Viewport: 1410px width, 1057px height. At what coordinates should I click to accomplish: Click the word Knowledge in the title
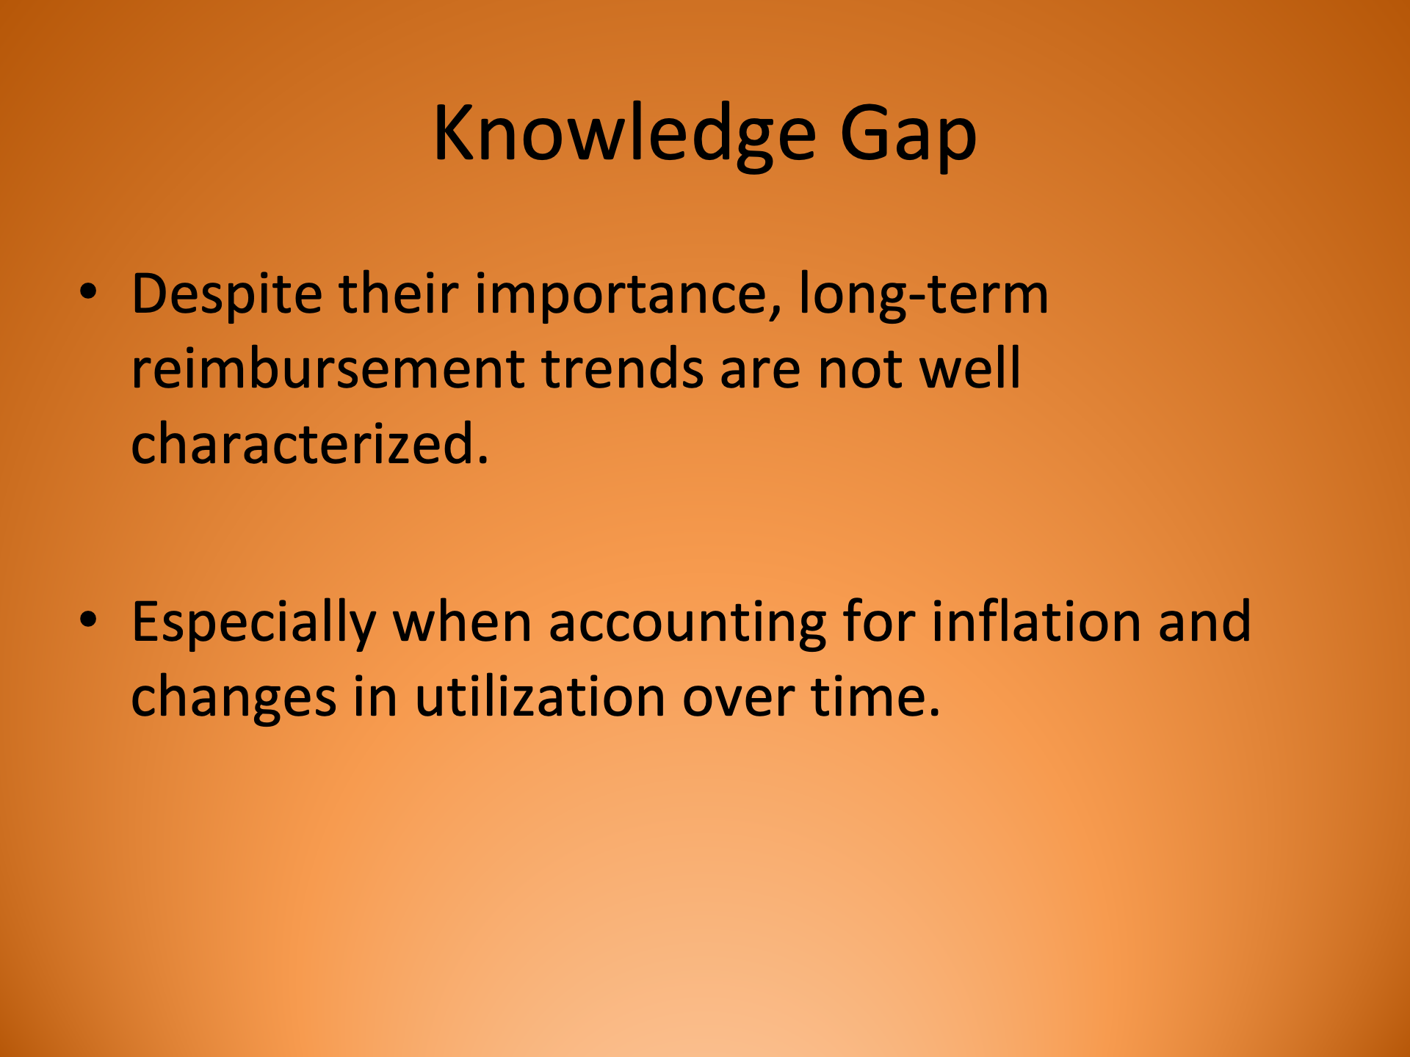click(624, 134)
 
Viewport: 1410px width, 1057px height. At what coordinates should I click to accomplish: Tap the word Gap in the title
click(908, 134)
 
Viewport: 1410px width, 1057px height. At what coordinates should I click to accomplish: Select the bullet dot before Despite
click(88, 291)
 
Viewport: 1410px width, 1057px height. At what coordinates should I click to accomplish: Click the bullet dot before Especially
click(88, 620)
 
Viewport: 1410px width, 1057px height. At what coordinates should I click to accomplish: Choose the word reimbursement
click(328, 368)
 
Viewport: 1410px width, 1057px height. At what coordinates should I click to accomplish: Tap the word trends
click(623, 368)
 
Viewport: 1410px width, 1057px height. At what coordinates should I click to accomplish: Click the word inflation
click(1035, 622)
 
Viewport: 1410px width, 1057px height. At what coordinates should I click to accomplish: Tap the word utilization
click(540, 697)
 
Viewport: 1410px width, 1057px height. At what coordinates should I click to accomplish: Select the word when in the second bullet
click(462, 622)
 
